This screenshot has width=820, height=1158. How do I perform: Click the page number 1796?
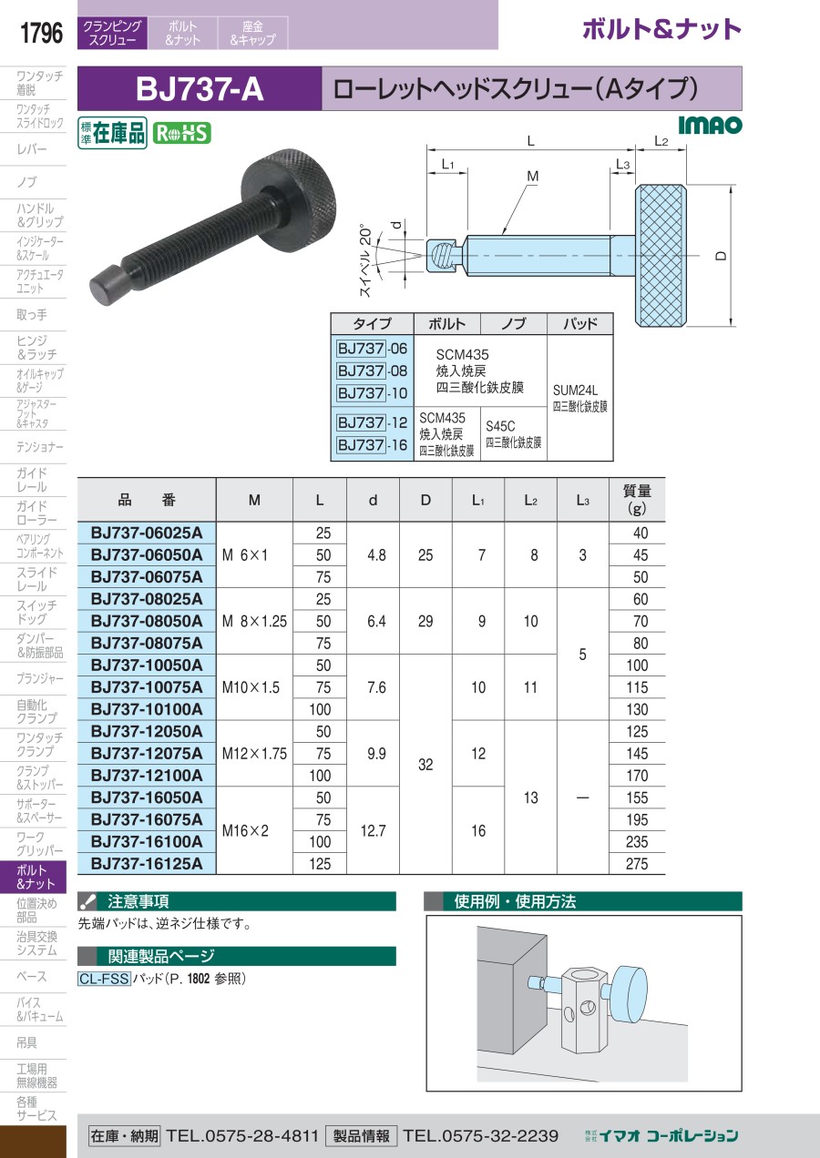click(41, 33)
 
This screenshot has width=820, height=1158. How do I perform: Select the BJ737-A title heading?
click(200, 89)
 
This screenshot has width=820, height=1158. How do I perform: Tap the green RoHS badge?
click(181, 133)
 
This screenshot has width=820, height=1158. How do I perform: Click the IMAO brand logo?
click(710, 126)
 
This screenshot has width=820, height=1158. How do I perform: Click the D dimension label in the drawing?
click(722, 256)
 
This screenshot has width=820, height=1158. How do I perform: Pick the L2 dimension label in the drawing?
click(661, 141)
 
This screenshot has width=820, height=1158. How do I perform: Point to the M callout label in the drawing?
click(532, 177)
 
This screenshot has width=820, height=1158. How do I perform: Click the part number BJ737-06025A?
click(147, 533)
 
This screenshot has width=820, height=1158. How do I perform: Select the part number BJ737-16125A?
click(147, 863)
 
